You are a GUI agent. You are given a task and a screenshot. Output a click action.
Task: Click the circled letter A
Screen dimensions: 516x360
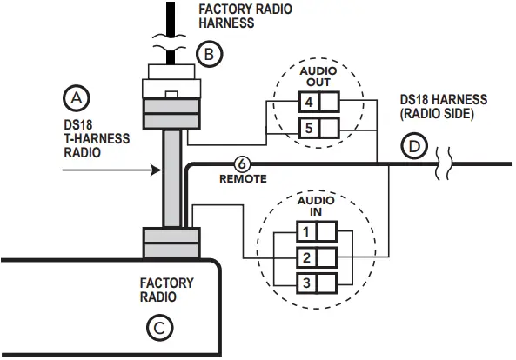pos(77,98)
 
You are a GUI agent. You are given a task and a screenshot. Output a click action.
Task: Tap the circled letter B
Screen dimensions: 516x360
pos(210,54)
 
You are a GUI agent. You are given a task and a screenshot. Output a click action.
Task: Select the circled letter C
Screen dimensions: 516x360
pos(159,328)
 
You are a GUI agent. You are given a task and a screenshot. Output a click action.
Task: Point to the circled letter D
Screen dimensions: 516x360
pos(414,146)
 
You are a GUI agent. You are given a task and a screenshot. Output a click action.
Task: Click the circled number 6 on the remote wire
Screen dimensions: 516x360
pos(242,163)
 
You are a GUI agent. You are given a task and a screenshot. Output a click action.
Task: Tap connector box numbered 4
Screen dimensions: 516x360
pos(308,102)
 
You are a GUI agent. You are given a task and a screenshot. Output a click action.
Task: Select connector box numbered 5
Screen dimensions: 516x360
pos(308,128)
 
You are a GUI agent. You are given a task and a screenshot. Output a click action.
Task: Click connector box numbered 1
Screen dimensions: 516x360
pos(306,231)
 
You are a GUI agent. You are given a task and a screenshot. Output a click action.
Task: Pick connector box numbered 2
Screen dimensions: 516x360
pos(306,257)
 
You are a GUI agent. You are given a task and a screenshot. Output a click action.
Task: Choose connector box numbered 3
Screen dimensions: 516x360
pos(306,283)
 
